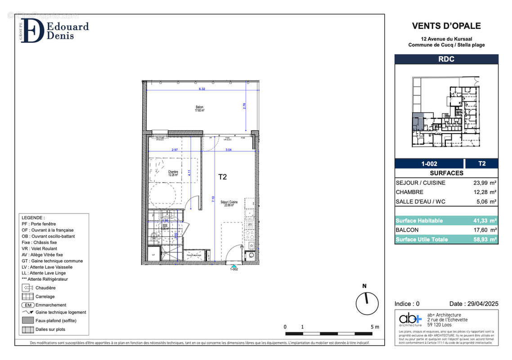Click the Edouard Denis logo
coord(54,30)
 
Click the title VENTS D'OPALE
coord(446,26)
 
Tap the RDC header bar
coord(446,59)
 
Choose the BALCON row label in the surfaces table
coord(407,230)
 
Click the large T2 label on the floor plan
coord(222,177)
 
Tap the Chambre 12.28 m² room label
coord(173,173)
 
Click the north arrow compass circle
coord(367,304)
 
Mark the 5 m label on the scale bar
coord(374,327)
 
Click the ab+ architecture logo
coord(410,319)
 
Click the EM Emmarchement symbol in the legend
coord(27,305)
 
